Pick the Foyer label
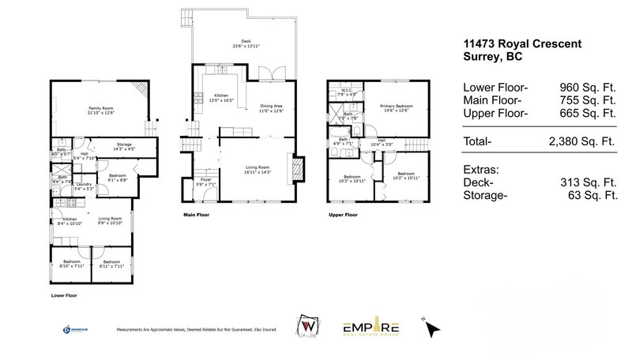point(205,180)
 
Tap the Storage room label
point(125,145)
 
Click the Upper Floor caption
point(343,214)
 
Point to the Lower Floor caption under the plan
point(65,294)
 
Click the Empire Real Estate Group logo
point(371,328)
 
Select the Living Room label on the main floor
point(258,169)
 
